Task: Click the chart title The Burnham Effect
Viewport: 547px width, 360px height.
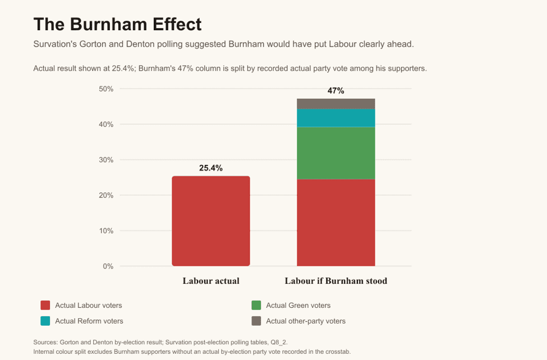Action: click(x=118, y=25)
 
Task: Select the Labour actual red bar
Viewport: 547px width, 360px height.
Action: click(x=211, y=221)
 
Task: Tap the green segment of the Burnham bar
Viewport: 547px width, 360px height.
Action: click(x=336, y=153)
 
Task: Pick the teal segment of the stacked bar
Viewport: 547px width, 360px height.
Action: click(x=336, y=118)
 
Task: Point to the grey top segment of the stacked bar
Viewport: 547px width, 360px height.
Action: click(x=336, y=104)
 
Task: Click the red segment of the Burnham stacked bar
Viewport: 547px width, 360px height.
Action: click(x=336, y=223)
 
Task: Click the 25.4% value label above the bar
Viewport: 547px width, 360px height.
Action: click(x=211, y=168)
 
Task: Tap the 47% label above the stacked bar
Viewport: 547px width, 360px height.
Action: click(x=335, y=91)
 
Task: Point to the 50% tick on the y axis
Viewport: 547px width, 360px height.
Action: click(x=106, y=89)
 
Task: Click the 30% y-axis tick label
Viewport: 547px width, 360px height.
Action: click(x=106, y=160)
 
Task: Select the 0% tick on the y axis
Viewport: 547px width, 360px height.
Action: click(x=108, y=266)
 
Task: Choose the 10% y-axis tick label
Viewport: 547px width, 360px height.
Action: click(x=106, y=230)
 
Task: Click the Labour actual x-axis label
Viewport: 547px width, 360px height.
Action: click(x=211, y=281)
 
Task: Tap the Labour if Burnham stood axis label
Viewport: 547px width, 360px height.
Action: click(x=336, y=281)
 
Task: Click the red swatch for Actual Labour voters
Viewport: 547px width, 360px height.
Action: click(x=45, y=305)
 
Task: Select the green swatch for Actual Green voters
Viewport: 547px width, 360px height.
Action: click(x=256, y=305)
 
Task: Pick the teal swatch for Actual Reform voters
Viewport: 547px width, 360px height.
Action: click(x=45, y=321)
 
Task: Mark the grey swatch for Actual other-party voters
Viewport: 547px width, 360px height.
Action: click(x=256, y=321)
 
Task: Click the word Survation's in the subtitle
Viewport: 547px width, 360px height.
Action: click(x=55, y=44)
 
